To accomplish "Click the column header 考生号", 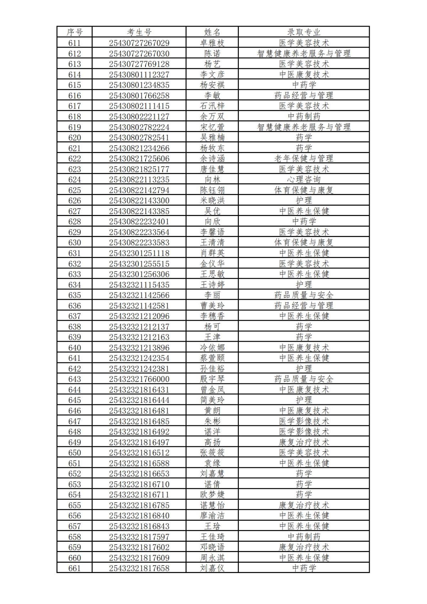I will pos(139,32).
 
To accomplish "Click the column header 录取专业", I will pos(304,32).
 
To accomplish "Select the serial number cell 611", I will pos(74,43).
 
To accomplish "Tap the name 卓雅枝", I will pos(212,43).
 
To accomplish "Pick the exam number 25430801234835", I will pos(139,85).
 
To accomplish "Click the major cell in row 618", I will pos(304,116).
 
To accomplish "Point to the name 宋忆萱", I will pos(212,127).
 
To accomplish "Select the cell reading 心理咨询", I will pos(304,179).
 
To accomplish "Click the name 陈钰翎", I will pos(212,190).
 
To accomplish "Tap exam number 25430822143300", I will pos(139,200).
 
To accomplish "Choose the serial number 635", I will pos(74,295).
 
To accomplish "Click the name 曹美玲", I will pos(212,306).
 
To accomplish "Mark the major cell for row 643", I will pos(304,379).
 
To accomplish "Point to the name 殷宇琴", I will pos(212,379).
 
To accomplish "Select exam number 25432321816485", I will pos(139,421).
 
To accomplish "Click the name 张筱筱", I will pos(212,453).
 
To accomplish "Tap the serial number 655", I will pos(74,505).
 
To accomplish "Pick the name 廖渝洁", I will pos(212,516).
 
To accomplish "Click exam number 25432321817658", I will pos(139,568).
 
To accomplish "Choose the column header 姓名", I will pos(212,32).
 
